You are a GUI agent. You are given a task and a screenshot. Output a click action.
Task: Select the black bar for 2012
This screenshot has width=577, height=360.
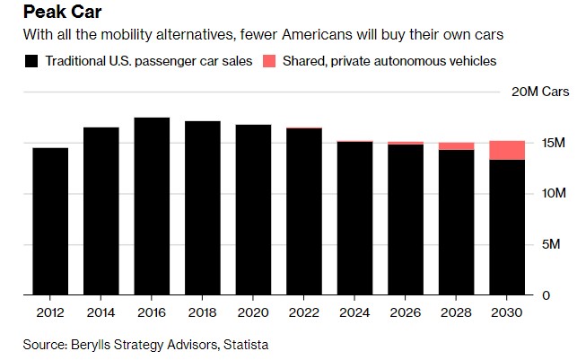(50, 221)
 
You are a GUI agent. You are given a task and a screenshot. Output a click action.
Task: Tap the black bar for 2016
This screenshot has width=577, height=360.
(152, 206)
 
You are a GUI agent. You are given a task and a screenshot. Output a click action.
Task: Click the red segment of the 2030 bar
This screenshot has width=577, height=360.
(508, 150)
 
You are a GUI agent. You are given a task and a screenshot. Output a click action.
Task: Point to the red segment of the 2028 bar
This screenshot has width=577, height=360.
(457, 145)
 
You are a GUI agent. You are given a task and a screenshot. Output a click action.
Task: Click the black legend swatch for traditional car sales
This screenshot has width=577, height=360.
(31, 62)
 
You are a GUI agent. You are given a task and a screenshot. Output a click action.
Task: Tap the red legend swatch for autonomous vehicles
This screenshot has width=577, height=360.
(268, 62)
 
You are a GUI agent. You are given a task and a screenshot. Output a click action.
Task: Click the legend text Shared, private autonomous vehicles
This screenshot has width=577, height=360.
(389, 62)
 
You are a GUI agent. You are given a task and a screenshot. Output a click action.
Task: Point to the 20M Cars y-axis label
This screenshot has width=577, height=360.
(540, 92)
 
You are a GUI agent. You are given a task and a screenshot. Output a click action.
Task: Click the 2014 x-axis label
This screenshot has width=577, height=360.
(101, 312)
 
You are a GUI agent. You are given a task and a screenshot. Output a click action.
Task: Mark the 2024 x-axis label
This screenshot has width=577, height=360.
(355, 312)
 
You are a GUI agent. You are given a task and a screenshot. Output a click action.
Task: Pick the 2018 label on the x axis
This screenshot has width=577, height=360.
(203, 312)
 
